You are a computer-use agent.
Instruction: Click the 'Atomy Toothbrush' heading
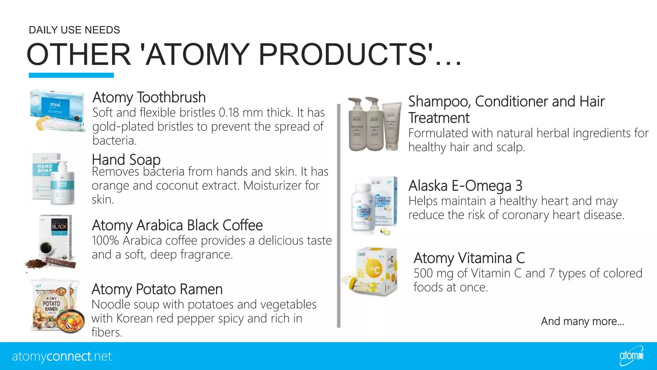coord(149,97)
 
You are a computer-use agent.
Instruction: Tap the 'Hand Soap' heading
coord(126,160)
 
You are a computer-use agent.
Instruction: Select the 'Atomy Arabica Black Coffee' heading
coord(177,225)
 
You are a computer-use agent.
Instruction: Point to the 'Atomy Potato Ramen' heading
coord(157,289)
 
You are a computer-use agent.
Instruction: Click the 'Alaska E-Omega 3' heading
coord(465,186)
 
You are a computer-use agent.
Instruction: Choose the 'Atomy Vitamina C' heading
coord(469,258)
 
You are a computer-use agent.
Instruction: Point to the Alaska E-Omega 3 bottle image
coord(363,207)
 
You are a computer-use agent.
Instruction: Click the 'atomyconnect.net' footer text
coord(62,357)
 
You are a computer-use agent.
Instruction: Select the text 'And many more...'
coord(582,321)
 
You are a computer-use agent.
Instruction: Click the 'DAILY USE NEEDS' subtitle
coord(74,30)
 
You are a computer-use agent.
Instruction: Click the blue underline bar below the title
coord(71,75)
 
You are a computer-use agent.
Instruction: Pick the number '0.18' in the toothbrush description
coord(229,113)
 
